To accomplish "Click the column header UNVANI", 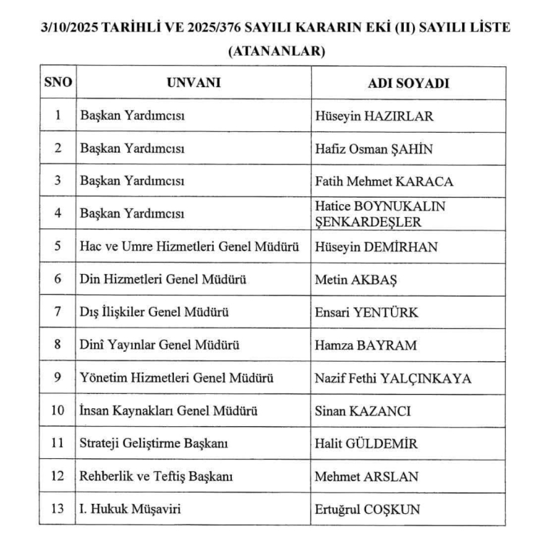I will (x=193, y=83).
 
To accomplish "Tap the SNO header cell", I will (x=58, y=83).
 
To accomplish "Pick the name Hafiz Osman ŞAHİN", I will (x=374, y=148).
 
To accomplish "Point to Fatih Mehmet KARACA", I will (x=384, y=181).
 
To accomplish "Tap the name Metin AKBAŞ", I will (x=356, y=280).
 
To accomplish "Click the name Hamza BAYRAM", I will (x=365, y=345).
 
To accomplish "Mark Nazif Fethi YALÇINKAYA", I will (x=393, y=378).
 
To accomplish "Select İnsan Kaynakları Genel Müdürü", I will (x=168, y=411).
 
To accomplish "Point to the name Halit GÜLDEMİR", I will (x=367, y=444).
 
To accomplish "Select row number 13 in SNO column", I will (x=58, y=510).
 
